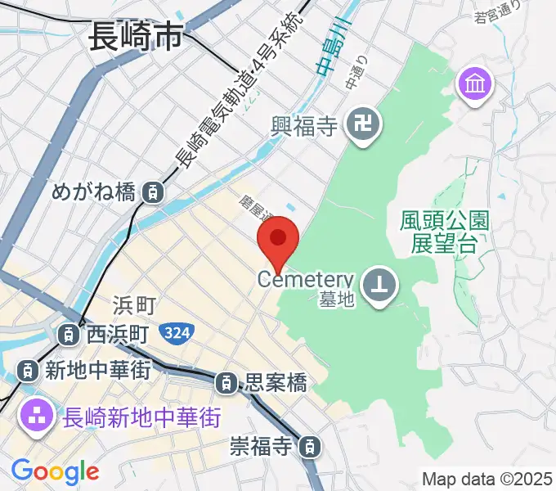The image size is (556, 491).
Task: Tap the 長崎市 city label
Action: tap(134, 37)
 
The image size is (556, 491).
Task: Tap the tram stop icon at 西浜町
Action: tap(69, 334)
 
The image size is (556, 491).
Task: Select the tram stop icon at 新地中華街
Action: tap(29, 371)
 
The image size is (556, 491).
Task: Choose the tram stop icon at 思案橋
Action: tap(226, 382)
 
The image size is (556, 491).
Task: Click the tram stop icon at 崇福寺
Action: tap(310, 447)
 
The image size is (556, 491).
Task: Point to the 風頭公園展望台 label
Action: tap(445, 231)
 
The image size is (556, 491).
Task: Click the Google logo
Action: tap(55, 471)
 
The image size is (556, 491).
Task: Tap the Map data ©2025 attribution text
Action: tap(486, 478)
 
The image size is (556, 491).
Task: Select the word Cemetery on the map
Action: tap(305, 279)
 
